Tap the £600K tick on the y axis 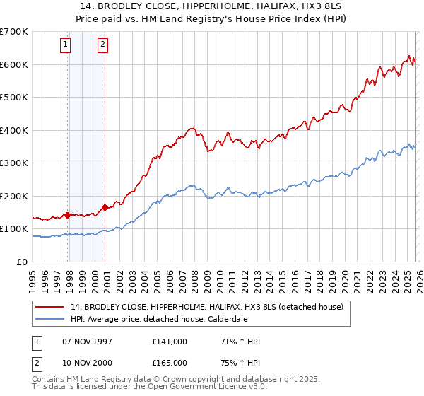pyautogui.click(x=14, y=64)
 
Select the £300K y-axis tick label pyautogui.click(x=14, y=163)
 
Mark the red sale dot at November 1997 pyautogui.click(x=68, y=215)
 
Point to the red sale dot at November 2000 pyautogui.click(x=105, y=207)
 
